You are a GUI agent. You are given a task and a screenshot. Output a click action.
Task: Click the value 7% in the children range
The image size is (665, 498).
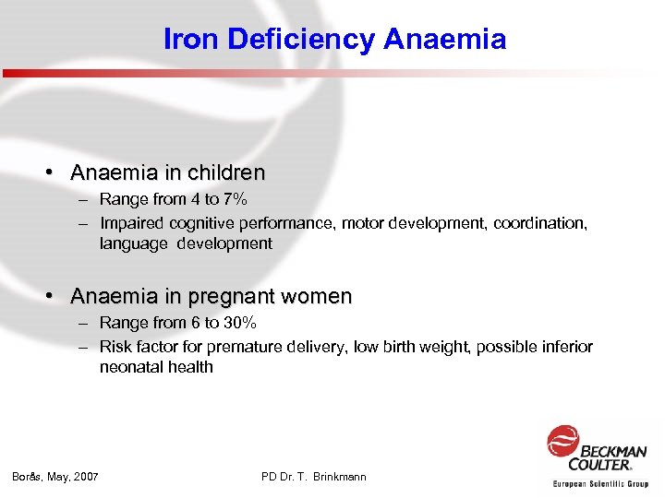tap(235, 199)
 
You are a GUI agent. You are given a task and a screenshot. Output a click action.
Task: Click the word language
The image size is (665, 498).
tap(129, 243)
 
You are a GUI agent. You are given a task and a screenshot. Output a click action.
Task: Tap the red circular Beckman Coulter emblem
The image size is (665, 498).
tap(562, 440)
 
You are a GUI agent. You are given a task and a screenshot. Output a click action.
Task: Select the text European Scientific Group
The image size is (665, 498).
tap(600, 483)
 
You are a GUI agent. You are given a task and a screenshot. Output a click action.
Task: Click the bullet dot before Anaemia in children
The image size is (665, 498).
tap(57, 172)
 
